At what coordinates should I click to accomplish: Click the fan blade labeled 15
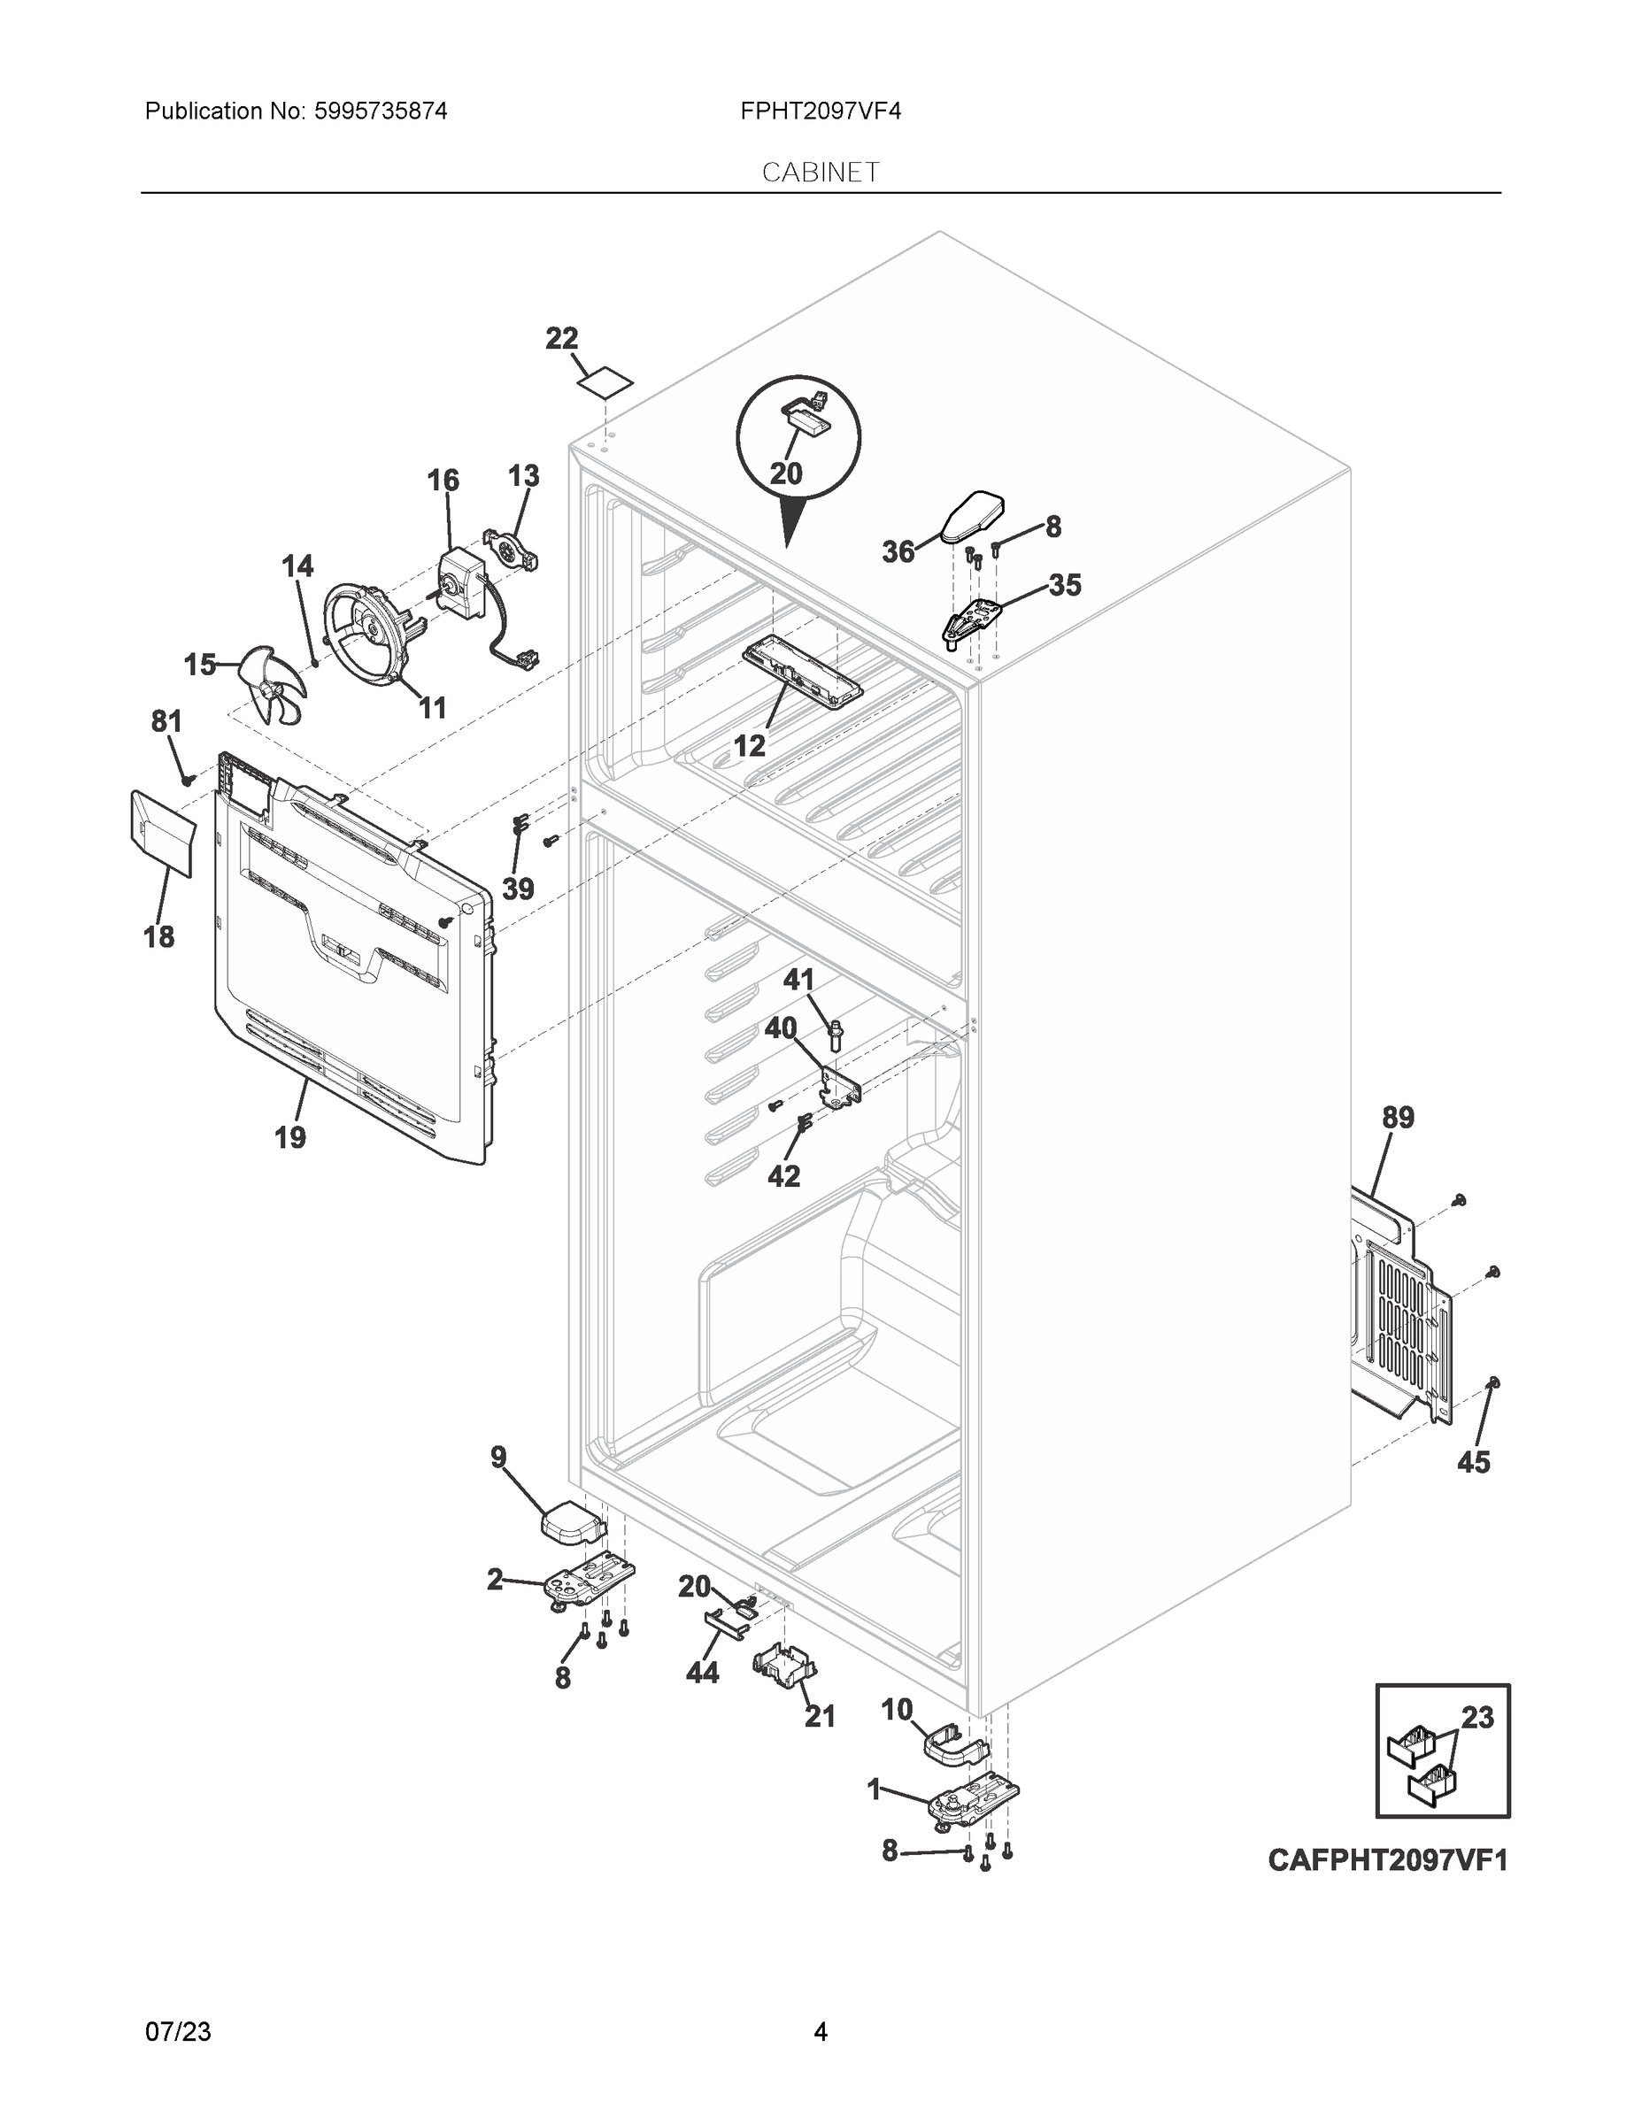[269, 684]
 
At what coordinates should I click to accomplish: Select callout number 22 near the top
[561, 338]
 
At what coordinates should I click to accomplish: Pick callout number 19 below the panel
[289, 1136]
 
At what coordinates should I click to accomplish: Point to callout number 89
[1398, 1118]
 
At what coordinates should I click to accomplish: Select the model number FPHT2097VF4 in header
[820, 111]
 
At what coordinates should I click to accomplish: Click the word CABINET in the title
[820, 173]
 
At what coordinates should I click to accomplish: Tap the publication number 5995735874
[381, 111]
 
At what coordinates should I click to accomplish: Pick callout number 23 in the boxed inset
[1476, 1718]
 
